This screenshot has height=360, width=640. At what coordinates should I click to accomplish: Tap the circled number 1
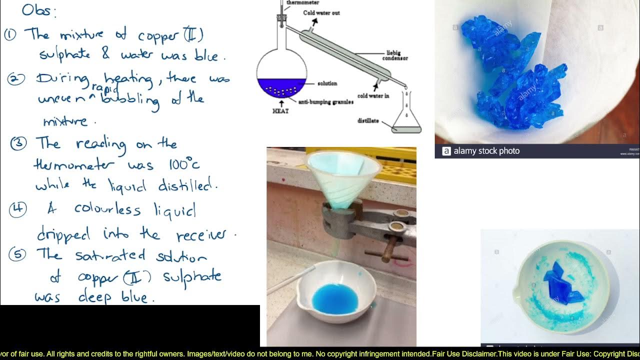pos(10,34)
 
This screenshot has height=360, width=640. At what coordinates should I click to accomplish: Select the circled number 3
pos(18,143)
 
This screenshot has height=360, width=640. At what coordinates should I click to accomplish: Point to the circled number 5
pos(17,254)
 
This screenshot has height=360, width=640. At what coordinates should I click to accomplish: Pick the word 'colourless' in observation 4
pos(107,208)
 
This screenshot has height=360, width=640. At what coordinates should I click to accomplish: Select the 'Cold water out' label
pos(321,12)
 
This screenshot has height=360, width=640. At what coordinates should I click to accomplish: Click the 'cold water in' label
pos(373,95)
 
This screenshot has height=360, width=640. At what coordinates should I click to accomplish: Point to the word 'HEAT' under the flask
pos(280,111)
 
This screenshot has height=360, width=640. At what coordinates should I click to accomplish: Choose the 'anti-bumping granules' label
pos(325,102)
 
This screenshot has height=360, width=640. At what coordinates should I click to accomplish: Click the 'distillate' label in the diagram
pos(368,120)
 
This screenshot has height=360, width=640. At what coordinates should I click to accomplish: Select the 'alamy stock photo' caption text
pos(485,151)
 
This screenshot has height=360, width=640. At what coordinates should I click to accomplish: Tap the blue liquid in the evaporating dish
pos(334,298)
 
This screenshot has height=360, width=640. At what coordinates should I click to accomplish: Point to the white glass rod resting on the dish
pos(291,280)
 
